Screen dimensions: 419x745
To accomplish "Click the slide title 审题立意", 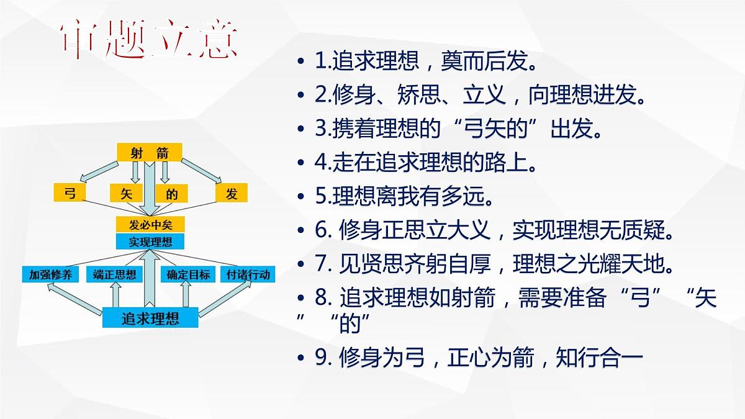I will tap(150, 42).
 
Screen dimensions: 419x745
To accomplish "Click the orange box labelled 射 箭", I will tap(149, 153).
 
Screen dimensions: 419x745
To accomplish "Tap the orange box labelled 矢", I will tap(127, 194).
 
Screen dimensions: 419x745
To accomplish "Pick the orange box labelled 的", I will tap(171, 194).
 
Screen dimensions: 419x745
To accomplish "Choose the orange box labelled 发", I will tap(232, 194).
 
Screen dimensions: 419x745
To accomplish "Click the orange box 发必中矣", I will tap(150, 225).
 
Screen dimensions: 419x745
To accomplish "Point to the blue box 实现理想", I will tap(150, 241).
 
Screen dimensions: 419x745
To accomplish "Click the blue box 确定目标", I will tap(188, 274).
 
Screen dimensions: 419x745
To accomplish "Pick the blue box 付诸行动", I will tap(248, 274).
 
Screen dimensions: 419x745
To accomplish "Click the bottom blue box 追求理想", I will tap(150, 318).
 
